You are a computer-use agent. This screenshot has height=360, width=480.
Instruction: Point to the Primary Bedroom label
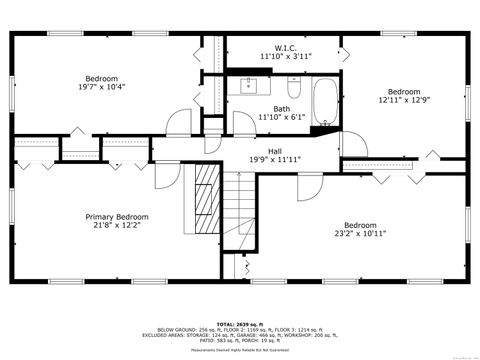point(117,217)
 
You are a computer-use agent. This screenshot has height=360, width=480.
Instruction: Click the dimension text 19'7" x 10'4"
point(101,87)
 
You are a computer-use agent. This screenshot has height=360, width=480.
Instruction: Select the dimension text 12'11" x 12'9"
point(404,100)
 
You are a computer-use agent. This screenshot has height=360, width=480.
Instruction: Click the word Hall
point(273,149)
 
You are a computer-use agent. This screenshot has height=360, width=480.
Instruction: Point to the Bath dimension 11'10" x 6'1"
point(281,117)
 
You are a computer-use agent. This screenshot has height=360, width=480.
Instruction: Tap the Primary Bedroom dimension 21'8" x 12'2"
point(117,226)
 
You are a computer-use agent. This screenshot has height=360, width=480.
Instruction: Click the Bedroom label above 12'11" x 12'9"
point(404,91)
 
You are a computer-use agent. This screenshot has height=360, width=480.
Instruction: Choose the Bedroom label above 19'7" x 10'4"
point(101,78)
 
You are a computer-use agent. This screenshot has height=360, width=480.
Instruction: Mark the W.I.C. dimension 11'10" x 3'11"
point(286,56)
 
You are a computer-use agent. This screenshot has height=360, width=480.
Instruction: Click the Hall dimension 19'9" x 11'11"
point(273,158)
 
